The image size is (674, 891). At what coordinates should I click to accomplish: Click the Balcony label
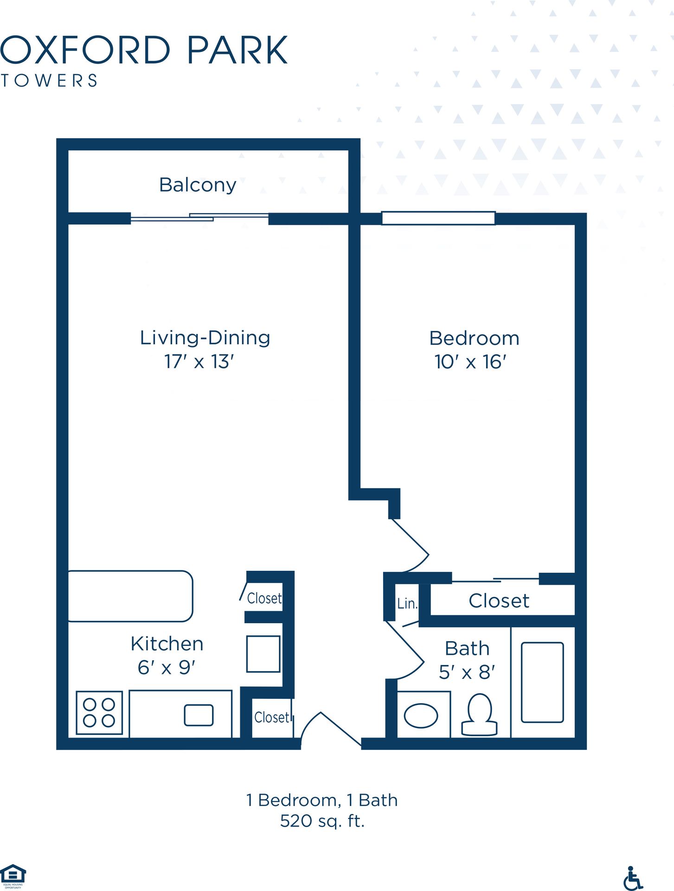(x=198, y=185)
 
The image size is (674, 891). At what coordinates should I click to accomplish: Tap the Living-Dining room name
(x=205, y=338)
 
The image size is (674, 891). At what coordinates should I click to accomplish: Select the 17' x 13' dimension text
(x=199, y=362)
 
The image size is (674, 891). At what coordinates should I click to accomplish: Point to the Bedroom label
(x=474, y=338)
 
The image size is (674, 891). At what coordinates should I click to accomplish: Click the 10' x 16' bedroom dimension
(x=470, y=362)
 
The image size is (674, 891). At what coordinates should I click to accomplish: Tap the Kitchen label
(x=167, y=644)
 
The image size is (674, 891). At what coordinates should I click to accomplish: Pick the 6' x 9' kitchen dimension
(x=167, y=668)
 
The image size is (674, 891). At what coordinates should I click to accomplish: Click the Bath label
(x=467, y=648)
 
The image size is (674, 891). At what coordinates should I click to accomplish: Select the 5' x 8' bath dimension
(x=467, y=672)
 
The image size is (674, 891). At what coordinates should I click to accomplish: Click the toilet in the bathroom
(x=480, y=715)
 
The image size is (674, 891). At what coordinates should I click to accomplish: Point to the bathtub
(x=542, y=682)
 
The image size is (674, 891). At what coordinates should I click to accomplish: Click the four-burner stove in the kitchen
(x=99, y=713)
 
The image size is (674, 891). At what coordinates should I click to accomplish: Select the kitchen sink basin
(x=199, y=715)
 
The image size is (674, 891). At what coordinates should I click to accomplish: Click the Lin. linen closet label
(x=407, y=603)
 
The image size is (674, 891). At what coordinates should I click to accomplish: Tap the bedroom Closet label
(x=499, y=601)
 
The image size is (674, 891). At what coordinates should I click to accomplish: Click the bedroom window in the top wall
(x=438, y=218)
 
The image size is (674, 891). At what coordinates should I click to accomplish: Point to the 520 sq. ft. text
(x=322, y=821)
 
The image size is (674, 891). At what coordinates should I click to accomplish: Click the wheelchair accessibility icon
(x=633, y=878)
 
